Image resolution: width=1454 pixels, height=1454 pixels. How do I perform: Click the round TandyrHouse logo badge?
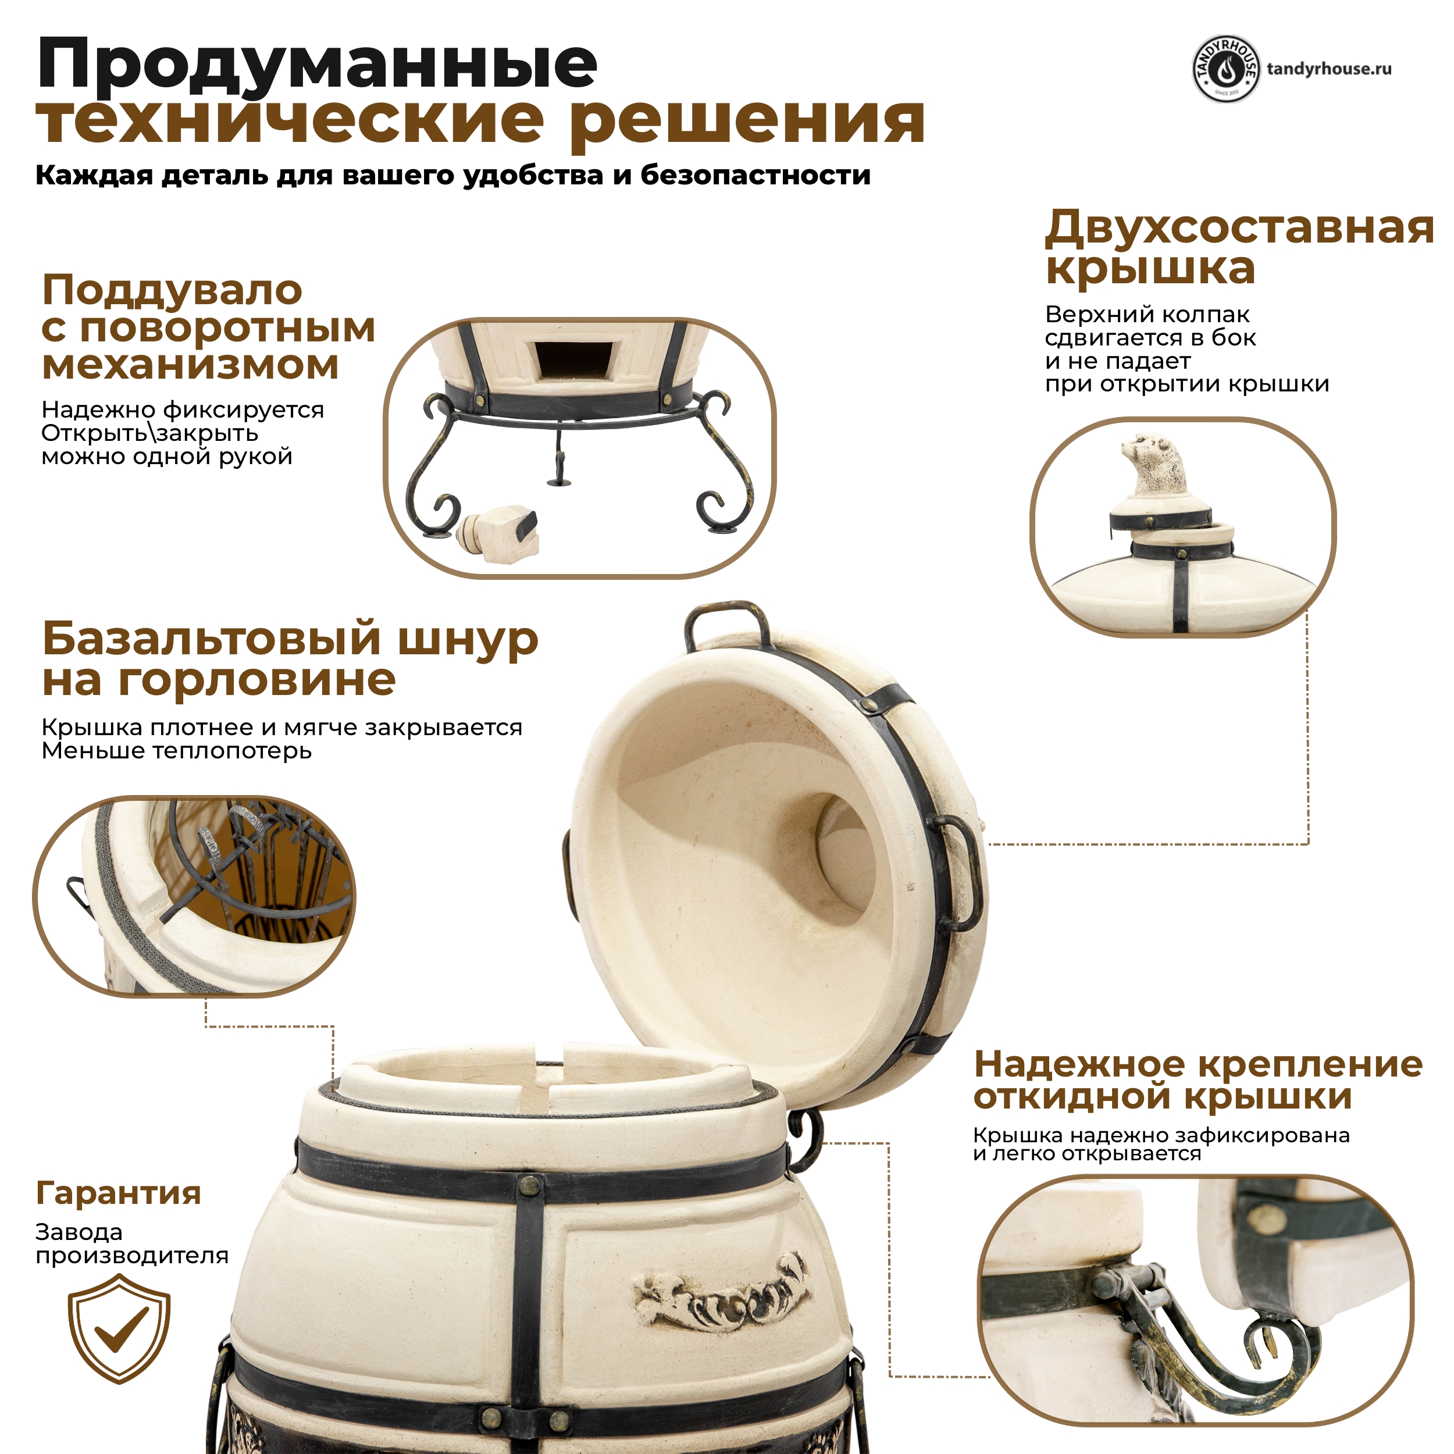pyautogui.click(x=1226, y=69)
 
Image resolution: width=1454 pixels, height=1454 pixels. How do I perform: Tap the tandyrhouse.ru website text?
pyautogui.click(x=1329, y=69)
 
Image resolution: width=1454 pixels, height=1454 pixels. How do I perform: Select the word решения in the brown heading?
pyautogui.click(x=747, y=120)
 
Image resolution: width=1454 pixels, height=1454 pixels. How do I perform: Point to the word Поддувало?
pyautogui.click(x=172, y=290)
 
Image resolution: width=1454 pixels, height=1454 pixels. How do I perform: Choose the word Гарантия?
pyautogui.click(x=118, y=1193)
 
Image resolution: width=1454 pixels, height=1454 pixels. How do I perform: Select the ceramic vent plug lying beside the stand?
pyautogui.click(x=499, y=532)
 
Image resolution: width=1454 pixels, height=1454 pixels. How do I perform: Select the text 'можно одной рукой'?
pyautogui.click(x=166, y=457)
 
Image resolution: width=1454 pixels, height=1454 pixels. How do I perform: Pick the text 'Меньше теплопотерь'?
pyautogui.click(x=176, y=750)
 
